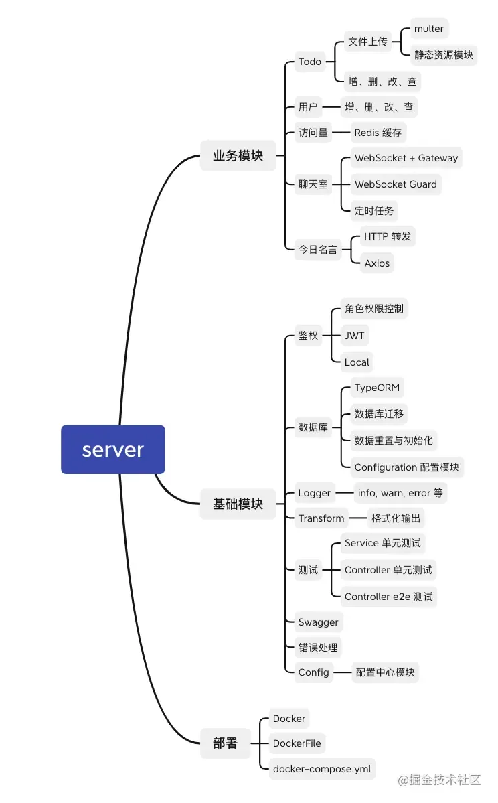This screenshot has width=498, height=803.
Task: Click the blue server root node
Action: coord(112,449)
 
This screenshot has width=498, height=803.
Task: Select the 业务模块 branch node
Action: coord(238,156)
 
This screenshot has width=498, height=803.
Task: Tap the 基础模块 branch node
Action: coord(238,504)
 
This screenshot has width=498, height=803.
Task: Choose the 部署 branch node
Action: coord(225,743)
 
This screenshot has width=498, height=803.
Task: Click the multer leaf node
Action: coord(428,29)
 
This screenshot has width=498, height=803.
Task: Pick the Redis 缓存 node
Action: coord(378,133)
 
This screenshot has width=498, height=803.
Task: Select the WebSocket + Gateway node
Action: coord(406,159)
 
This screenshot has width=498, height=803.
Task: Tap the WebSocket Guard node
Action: coord(396,184)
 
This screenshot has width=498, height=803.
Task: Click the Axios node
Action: coord(377,263)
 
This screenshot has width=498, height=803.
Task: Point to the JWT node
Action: coord(354,336)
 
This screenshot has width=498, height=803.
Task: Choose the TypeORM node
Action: coord(377,388)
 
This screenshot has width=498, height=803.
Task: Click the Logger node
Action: coord(315,493)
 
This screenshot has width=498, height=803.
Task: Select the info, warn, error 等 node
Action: coord(400,493)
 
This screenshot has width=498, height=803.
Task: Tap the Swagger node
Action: coord(319,622)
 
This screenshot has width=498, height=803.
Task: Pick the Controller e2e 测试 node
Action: coord(388,597)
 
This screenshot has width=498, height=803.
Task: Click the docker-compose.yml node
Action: coord(322,769)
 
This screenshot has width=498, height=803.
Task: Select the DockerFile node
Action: coord(297,743)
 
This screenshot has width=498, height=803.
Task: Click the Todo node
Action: coord(310,62)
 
